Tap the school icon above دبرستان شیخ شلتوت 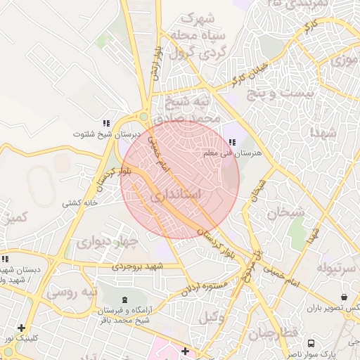(x=106, y=123)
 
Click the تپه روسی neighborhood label (x=71, y=290)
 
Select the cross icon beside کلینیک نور (x=22, y=328)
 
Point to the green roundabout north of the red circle (x=143, y=117)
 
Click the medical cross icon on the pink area (x=185, y=350)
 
